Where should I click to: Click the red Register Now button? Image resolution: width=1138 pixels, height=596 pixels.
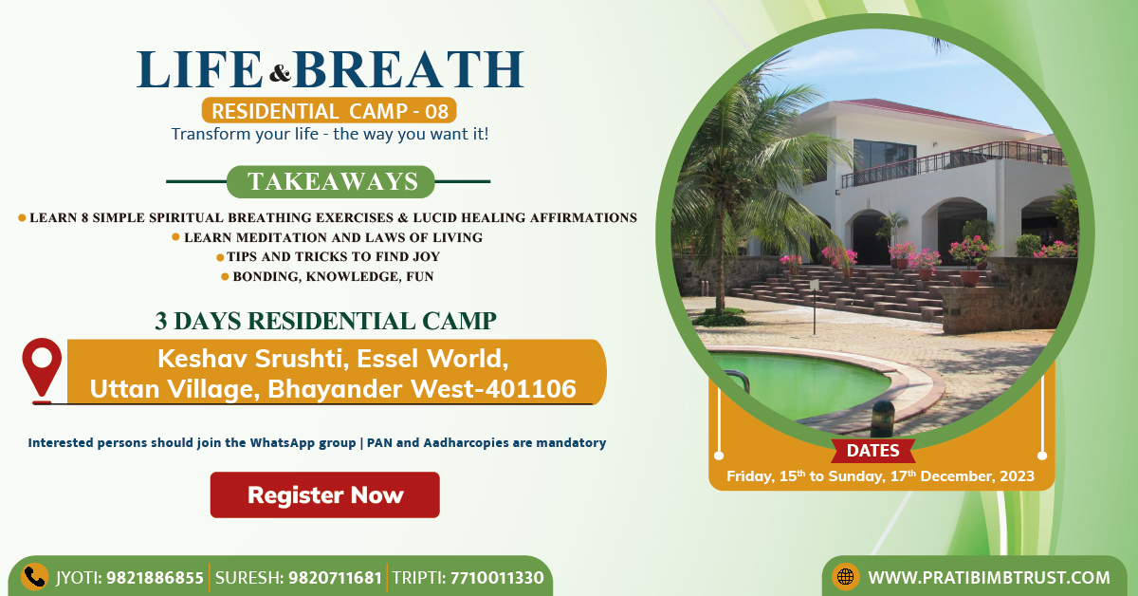point(325,494)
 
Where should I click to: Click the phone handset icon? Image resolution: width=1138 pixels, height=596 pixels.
point(34,577)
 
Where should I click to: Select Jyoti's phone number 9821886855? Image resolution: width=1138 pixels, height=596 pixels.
point(155,578)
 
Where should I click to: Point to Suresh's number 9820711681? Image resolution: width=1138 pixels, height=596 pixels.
point(336,578)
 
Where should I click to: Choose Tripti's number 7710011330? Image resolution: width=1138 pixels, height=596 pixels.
point(497,578)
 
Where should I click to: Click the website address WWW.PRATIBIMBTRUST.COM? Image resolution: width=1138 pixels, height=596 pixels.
point(988,578)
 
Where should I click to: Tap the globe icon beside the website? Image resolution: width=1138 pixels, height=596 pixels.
point(845,577)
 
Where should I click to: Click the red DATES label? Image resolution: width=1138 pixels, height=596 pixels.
point(872,451)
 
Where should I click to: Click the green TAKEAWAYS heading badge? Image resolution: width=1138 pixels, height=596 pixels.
point(331,181)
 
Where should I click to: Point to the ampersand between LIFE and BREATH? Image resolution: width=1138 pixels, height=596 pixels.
point(280,73)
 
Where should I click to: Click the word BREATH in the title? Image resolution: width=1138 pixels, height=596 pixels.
point(409,69)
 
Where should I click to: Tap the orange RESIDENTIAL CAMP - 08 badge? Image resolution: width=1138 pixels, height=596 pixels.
point(329,110)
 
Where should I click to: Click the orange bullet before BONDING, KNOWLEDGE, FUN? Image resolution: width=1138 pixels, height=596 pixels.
point(225,276)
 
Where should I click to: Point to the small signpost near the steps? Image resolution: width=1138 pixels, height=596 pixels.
point(815,307)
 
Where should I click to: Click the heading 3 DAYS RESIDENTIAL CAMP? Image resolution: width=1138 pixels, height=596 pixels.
point(325,322)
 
